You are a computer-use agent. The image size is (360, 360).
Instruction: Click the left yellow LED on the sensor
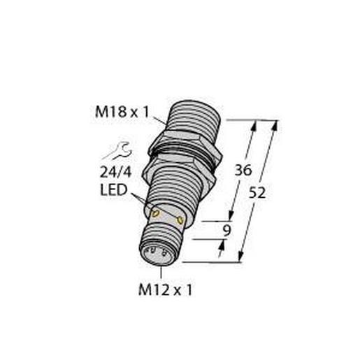tap(157, 213)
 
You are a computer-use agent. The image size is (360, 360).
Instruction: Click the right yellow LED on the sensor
tap(182, 221)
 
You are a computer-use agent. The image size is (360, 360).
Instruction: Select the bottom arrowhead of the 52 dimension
tap(242, 260)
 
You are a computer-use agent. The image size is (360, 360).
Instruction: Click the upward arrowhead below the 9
tap(224, 243)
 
